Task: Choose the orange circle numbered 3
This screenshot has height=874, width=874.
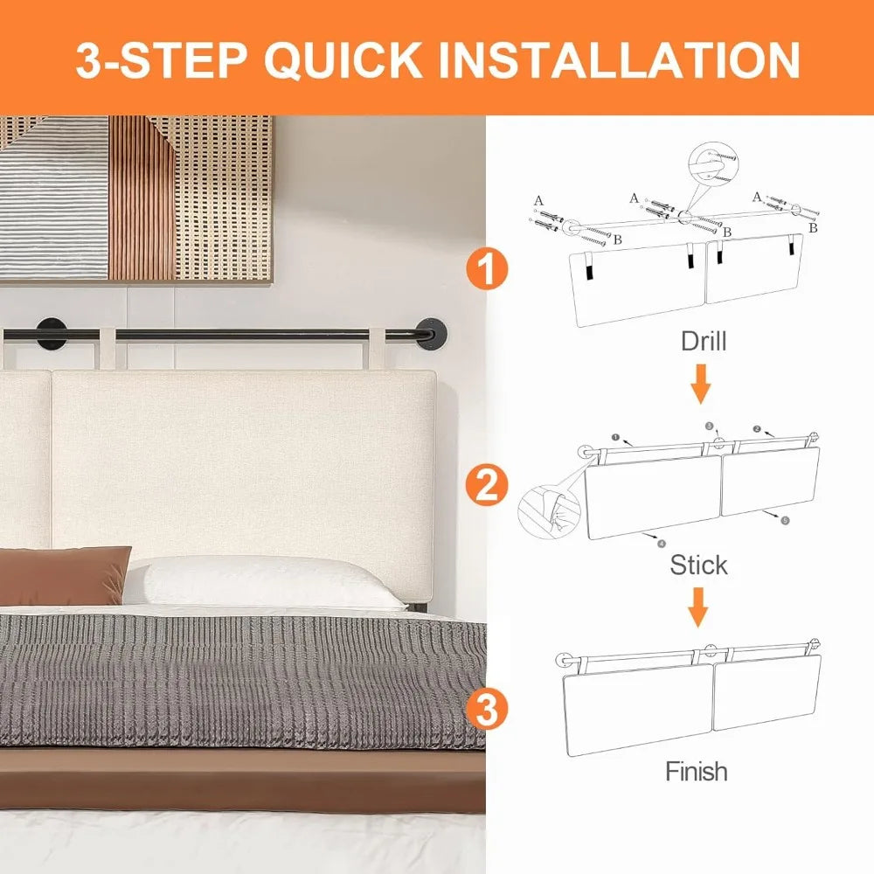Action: (488, 709)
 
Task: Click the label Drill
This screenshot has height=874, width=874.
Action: (703, 341)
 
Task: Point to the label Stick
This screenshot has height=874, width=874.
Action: (698, 565)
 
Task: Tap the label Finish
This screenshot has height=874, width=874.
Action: (696, 772)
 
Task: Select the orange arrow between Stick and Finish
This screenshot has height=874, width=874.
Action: (697, 607)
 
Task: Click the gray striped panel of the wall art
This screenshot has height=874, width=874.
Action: (54, 197)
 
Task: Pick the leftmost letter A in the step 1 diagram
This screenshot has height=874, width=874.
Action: (538, 200)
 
